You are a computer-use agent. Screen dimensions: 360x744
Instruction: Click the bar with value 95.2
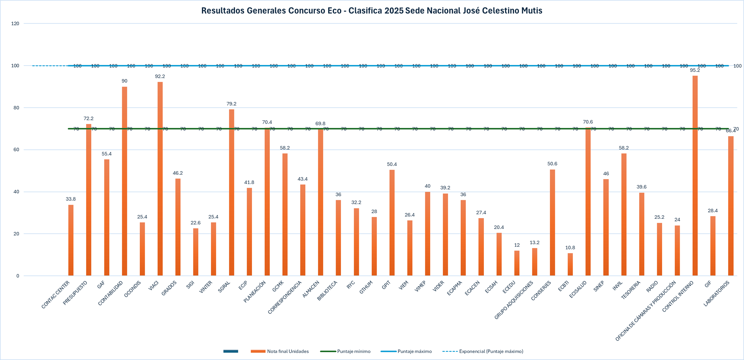695,176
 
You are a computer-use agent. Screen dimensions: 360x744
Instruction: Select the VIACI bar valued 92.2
160,180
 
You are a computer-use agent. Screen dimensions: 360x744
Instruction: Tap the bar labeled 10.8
570,265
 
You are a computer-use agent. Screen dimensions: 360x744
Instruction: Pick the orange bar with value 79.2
232,192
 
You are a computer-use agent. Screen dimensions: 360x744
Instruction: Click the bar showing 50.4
392,222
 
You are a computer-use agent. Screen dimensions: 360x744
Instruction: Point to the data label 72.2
89,119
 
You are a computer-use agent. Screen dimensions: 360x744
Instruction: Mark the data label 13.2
535,243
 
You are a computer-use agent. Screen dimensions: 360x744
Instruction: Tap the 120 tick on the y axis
15,24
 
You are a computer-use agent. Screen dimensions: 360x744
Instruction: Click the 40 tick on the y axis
17,192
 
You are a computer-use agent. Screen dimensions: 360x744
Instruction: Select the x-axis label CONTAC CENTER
56,295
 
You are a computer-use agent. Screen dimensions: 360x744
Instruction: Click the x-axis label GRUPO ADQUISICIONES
514,300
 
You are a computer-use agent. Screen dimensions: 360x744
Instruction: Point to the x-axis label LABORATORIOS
716,294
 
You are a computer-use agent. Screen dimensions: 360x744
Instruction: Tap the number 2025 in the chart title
394,11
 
